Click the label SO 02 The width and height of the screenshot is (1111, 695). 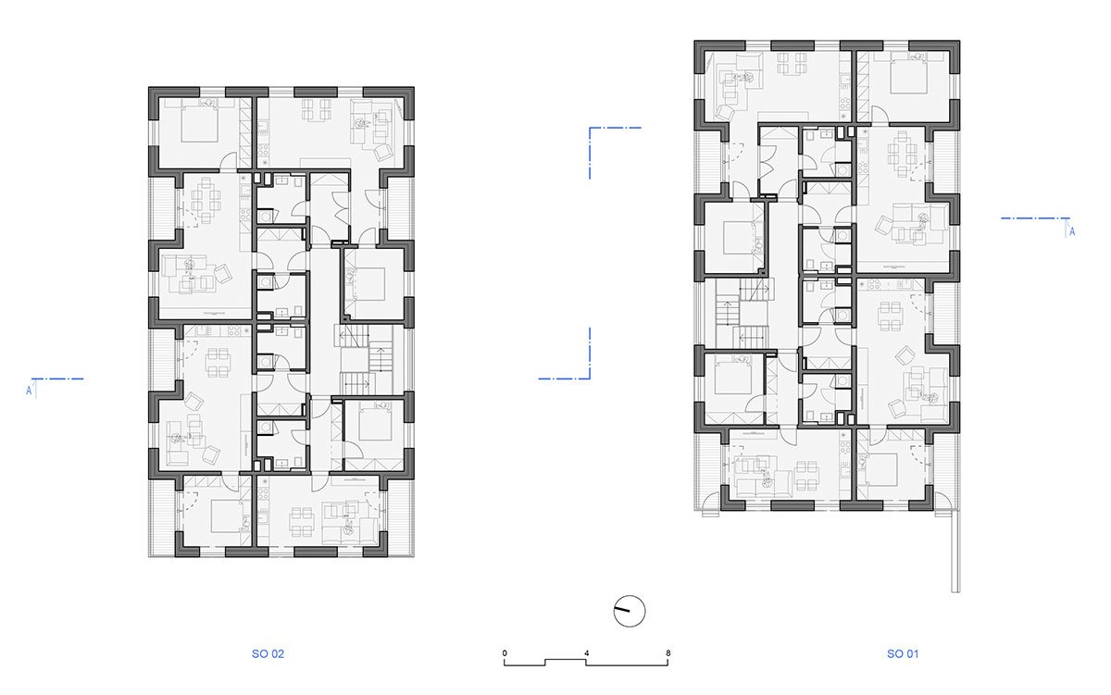tap(268, 654)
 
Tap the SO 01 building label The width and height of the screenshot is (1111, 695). tap(903, 654)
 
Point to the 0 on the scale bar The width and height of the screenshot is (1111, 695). tap(505, 652)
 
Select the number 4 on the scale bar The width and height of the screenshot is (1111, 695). tap(586, 652)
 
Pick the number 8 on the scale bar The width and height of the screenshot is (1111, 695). tap(668, 652)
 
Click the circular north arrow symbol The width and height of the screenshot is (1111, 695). tap(630, 611)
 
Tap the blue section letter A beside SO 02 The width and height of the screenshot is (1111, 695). tap(29, 391)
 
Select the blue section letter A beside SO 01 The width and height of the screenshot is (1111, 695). tap(1072, 231)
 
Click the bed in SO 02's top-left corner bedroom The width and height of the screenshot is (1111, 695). tap(199, 124)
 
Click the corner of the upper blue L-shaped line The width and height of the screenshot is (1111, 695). tap(590, 128)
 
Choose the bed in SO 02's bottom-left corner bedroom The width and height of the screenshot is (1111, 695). tap(227, 516)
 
